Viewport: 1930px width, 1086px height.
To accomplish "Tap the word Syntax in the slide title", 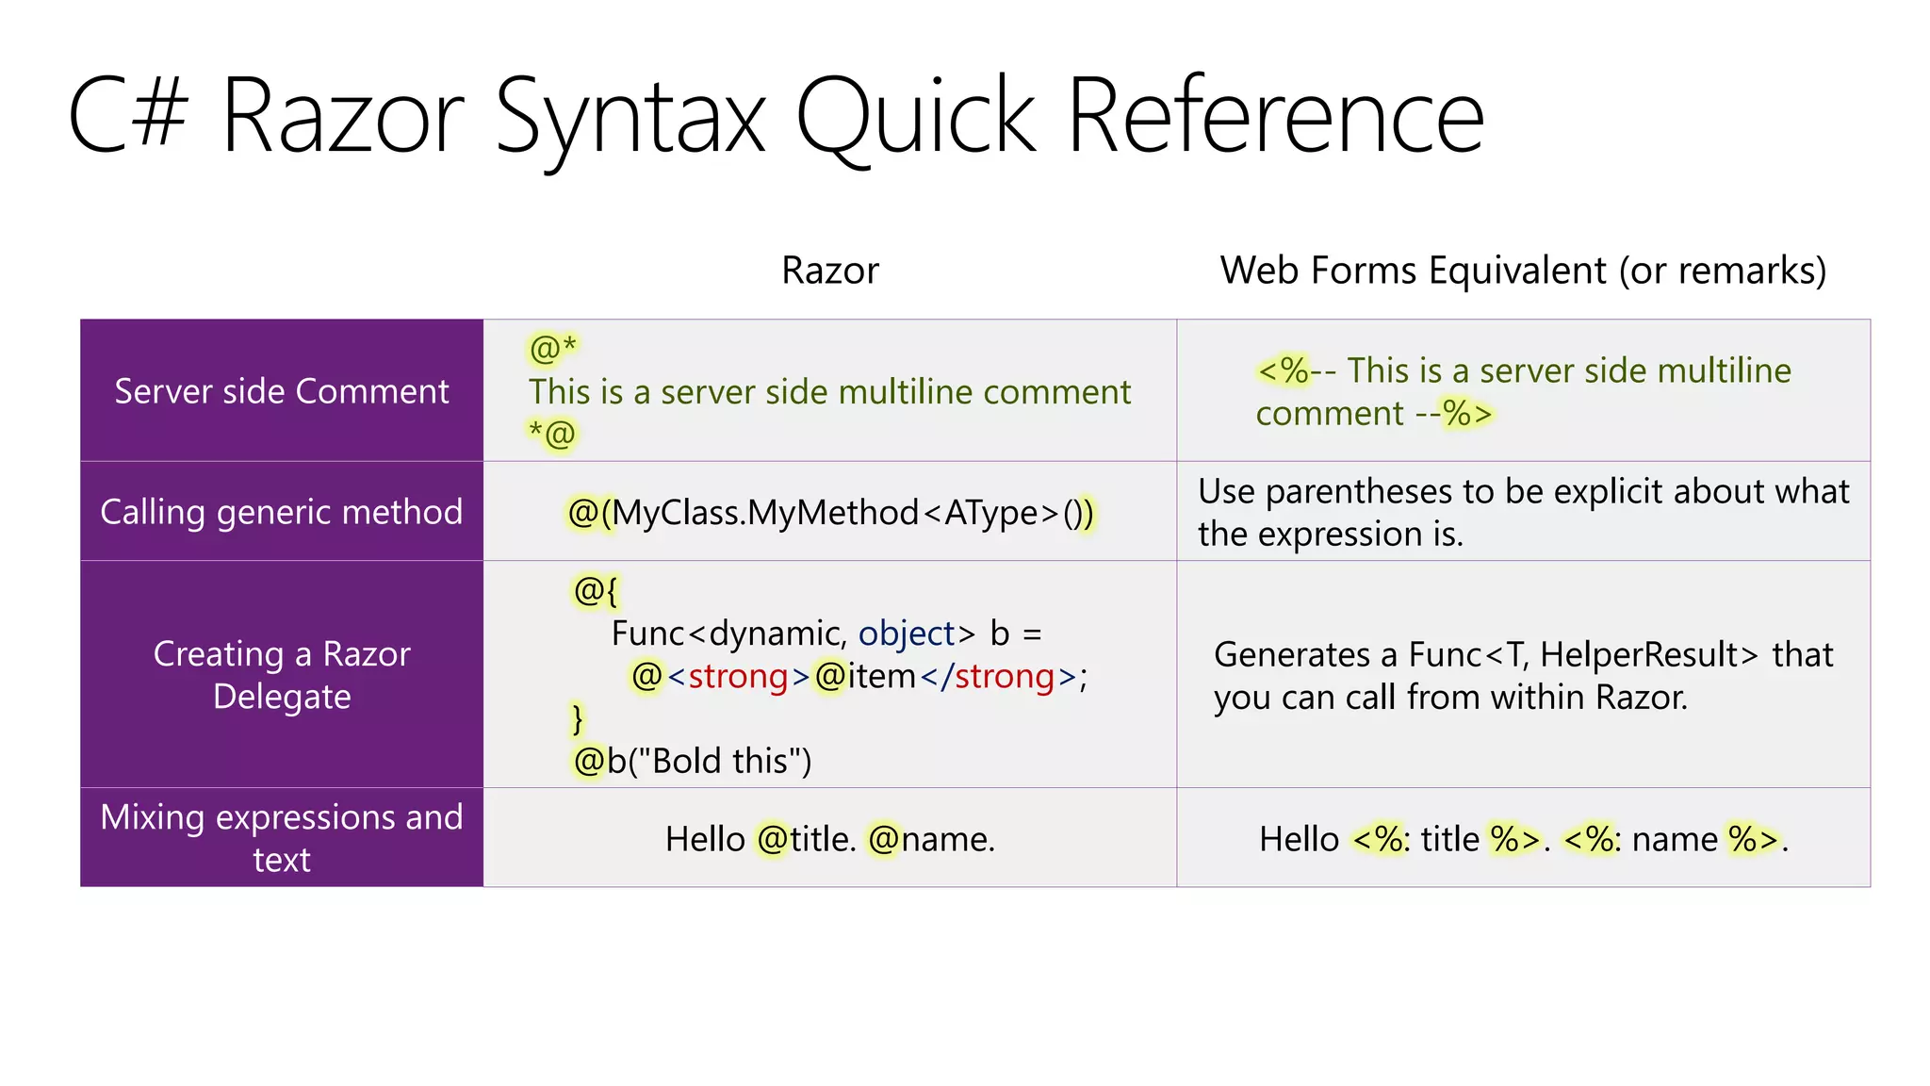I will point(630,118).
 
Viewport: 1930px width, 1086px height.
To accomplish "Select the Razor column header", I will point(829,271).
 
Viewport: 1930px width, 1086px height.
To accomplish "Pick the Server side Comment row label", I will point(282,391).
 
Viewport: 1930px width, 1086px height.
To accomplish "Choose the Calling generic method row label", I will point(282,512).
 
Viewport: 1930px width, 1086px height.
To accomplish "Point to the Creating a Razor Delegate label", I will point(282,675).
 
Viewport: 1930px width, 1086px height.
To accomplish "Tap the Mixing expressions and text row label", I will point(282,838).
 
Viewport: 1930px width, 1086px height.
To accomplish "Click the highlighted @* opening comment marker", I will point(552,349).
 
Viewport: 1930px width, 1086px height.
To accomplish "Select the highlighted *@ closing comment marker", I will point(552,434).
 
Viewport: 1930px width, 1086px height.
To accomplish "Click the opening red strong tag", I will point(738,677).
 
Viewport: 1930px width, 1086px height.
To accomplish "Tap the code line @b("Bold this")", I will point(693,761).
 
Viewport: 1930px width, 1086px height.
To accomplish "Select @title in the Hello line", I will point(806,839).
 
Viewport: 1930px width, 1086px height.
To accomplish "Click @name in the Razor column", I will point(930,839).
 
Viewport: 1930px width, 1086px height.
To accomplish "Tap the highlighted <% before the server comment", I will point(1283,371).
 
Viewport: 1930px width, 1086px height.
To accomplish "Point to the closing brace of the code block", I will point(578,719).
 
